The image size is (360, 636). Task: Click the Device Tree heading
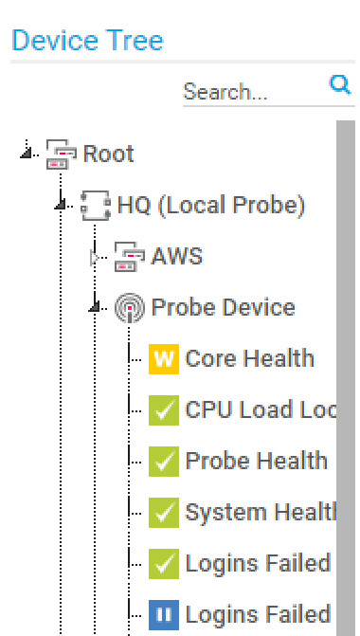(87, 40)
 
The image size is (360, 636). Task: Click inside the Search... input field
(253, 92)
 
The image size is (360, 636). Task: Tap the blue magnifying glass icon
(340, 84)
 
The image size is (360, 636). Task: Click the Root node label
(108, 154)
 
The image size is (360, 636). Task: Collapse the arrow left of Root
(27, 153)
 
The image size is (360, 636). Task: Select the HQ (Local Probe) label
(211, 206)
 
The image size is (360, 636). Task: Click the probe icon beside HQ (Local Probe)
(96, 206)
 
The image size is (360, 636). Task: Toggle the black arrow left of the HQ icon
(61, 205)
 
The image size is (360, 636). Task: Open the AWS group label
(177, 256)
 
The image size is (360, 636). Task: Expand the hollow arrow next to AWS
(95, 257)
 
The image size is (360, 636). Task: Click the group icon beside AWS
(130, 257)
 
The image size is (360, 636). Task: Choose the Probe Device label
(223, 307)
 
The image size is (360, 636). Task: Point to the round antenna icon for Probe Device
(130, 308)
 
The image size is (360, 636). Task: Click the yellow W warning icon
(164, 359)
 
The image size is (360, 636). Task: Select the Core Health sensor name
(250, 358)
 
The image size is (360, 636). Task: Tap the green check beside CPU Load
(164, 410)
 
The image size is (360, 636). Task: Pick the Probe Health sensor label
(256, 461)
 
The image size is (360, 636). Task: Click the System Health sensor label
(261, 512)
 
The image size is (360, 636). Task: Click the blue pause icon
(164, 615)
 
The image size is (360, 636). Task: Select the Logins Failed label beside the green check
(258, 563)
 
